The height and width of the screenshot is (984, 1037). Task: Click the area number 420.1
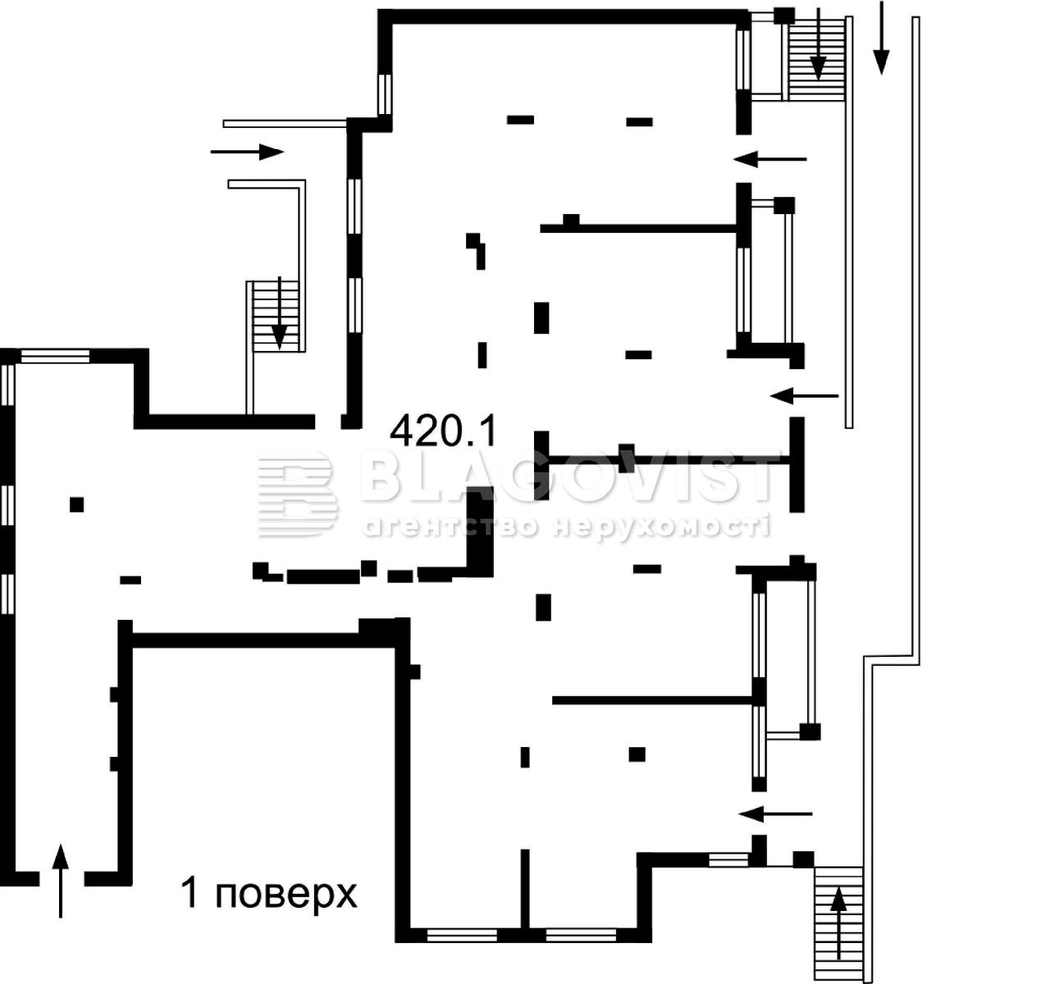[442, 430]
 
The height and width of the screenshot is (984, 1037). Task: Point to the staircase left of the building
[276, 316]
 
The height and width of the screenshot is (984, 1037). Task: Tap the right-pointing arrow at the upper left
[247, 152]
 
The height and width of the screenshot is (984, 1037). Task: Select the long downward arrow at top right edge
[881, 37]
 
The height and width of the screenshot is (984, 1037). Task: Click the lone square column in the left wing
[77, 504]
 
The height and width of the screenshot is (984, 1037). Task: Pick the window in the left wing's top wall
[55, 356]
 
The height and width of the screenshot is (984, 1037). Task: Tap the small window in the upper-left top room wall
[385, 94]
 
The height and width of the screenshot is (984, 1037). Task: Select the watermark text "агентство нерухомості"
[565, 526]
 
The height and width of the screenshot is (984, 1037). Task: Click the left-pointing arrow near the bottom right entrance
[775, 814]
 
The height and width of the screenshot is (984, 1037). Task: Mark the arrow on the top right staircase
[818, 44]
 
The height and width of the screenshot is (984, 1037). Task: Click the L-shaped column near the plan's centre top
[477, 250]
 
